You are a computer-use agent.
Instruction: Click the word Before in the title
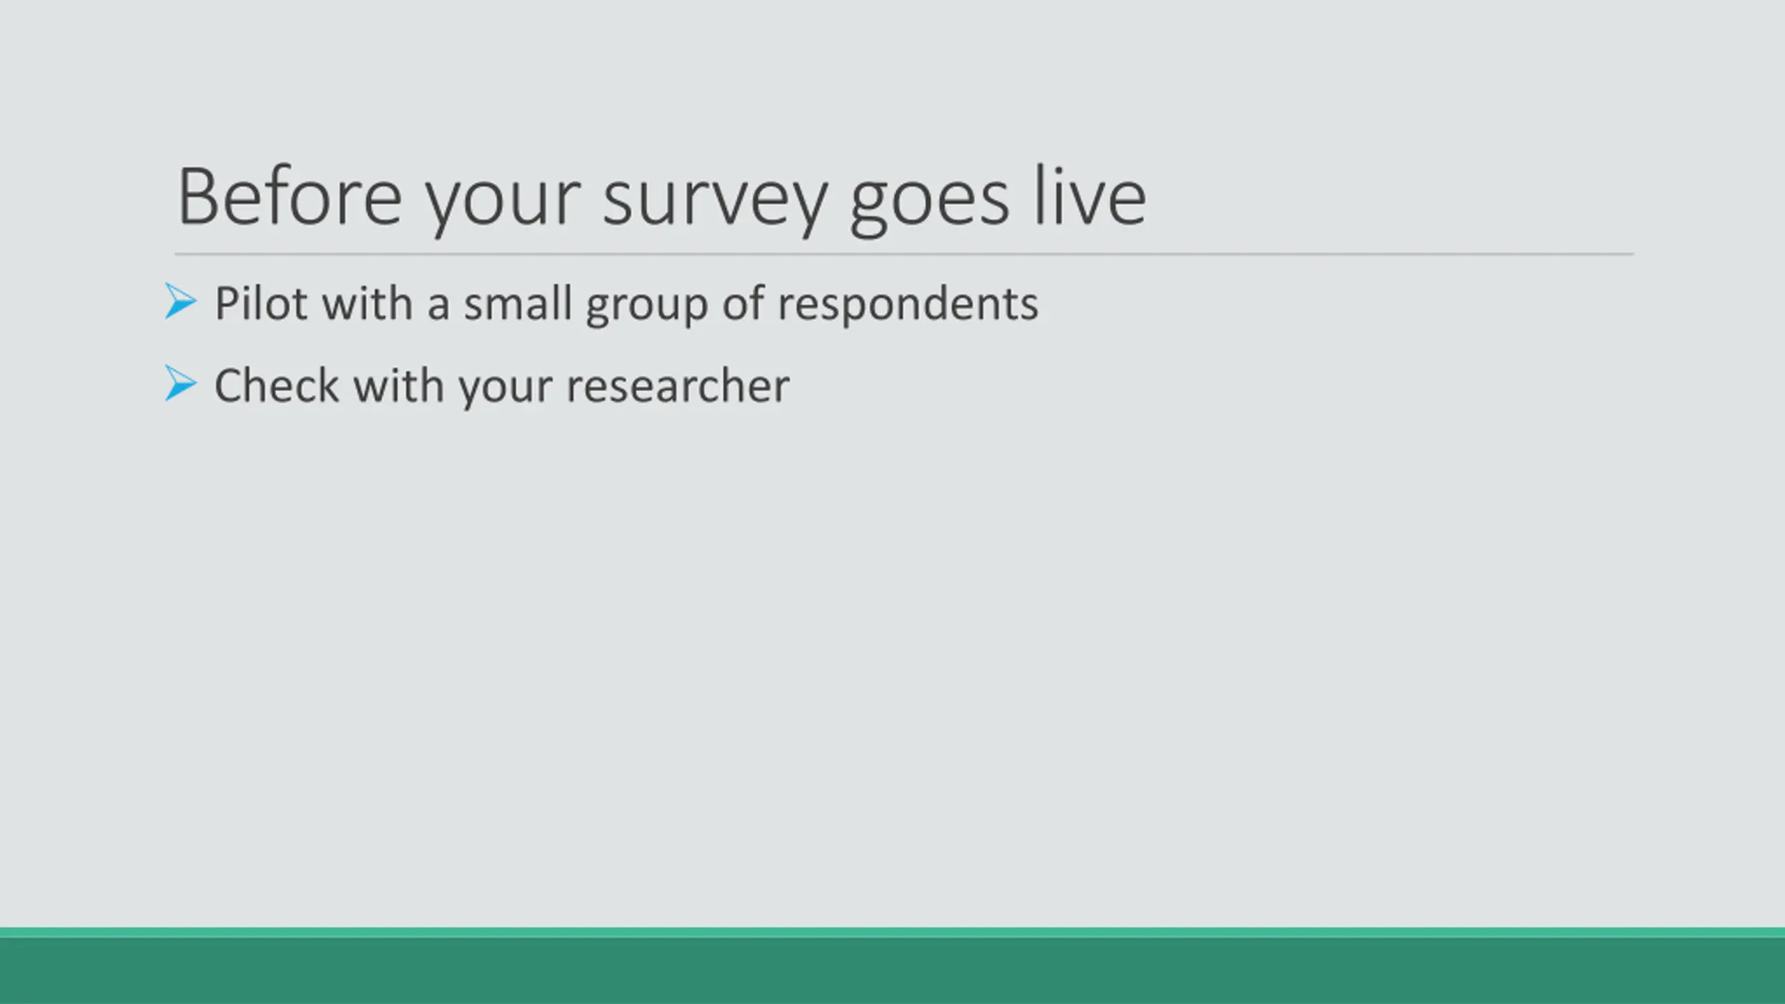(290, 197)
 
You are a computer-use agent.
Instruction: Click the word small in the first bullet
(518, 303)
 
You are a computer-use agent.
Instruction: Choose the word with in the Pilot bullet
(367, 303)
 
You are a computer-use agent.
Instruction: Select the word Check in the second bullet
(277, 385)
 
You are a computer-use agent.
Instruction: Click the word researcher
(678, 385)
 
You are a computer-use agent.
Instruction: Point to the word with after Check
(399, 385)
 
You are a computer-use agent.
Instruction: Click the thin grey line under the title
(904, 254)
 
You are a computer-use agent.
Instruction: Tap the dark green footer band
(892, 971)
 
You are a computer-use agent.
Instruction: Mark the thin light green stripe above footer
(892, 933)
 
